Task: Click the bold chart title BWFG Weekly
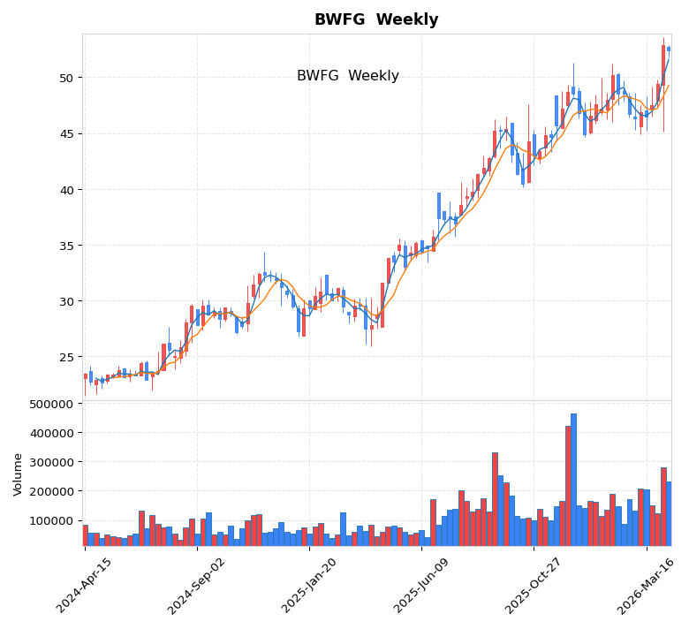376,20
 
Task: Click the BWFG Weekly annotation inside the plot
347,77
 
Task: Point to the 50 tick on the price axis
64,79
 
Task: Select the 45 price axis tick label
64,134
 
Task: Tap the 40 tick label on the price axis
64,190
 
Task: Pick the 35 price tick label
64,246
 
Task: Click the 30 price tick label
64,301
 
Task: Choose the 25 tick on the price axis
64,358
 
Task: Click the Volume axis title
18,474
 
